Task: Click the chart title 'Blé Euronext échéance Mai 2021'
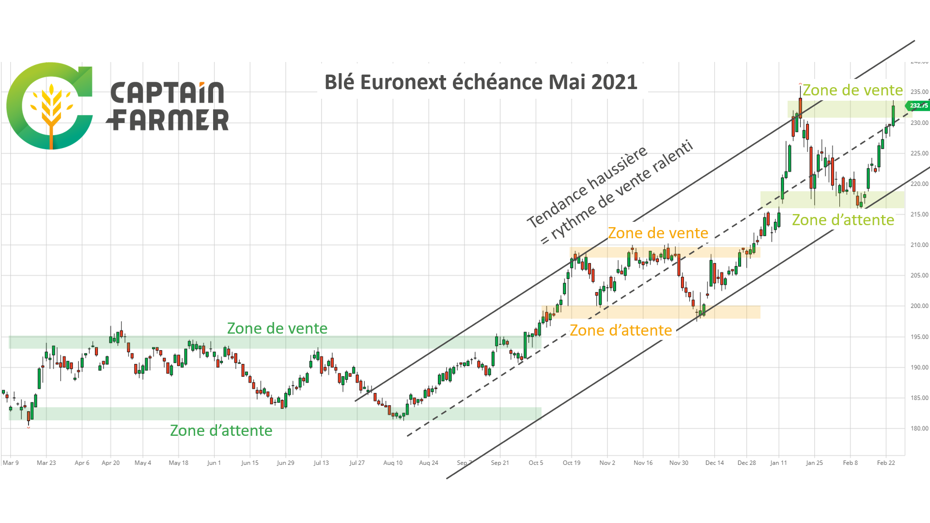tap(480, 82)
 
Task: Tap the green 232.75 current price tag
tap(917, 106)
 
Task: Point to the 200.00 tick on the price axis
tap(919, 306)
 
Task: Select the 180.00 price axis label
tap(919, 429)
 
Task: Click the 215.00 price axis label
tap(919, 215)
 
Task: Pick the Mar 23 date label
tap(46, 463)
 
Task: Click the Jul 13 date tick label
tap(321, 463)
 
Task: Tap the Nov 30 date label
tap(679, 463)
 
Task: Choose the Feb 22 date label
tap(886, 463)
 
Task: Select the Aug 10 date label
tap(393, 463)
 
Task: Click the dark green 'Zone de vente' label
tap(277, 328)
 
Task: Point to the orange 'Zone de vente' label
tap(658, 233)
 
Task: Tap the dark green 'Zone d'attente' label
tap(221, 431)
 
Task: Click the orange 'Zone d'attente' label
tap(620, 330)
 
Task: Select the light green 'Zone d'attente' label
tap(843, 220)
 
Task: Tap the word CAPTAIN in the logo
tap(168, 92)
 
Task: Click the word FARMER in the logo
tap(168, 120)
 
